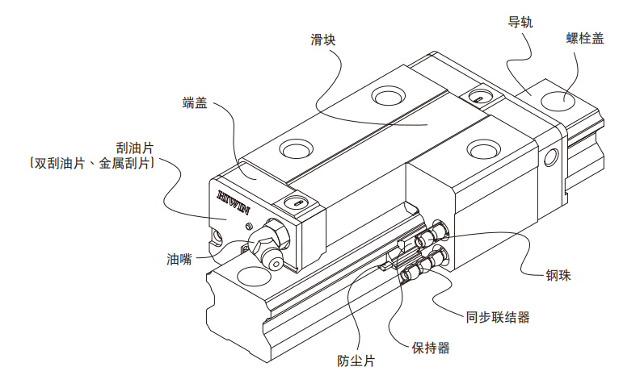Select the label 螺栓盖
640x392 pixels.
(584, 38)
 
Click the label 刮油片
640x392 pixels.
(135, 147)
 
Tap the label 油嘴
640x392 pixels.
(179, 260)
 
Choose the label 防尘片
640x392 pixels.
(356, 361)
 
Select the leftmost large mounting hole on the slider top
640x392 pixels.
(294, 151)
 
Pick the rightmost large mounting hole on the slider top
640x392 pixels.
(485, 148)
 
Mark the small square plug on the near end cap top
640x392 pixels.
(296, 202)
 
